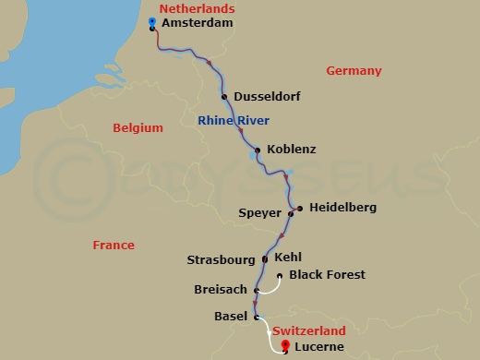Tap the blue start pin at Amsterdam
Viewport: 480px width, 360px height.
click(151, 22)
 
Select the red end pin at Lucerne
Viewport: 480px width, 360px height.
click(285, 346)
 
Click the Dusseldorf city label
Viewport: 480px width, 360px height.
click(268, 96)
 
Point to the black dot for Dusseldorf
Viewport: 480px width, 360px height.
click(224, 96)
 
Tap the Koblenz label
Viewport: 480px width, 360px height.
click(291, 150)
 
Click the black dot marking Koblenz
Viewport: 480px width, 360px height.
click(257, 150)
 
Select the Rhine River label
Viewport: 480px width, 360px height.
click(234, 121)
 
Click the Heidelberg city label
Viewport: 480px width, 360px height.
click(342, 208)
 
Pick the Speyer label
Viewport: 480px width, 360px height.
click(259, 213)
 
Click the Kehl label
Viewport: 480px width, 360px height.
click(288, 258)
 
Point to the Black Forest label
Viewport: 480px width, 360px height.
click(327, 275)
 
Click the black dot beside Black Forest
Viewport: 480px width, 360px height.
click(280, 275)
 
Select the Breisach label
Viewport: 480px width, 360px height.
click(220, 289)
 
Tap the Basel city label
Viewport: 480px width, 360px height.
click(230, 317)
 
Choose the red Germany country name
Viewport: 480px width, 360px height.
click(354, 71)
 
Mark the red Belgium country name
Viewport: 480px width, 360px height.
click(137, 128)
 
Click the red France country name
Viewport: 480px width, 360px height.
click(114, 246)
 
